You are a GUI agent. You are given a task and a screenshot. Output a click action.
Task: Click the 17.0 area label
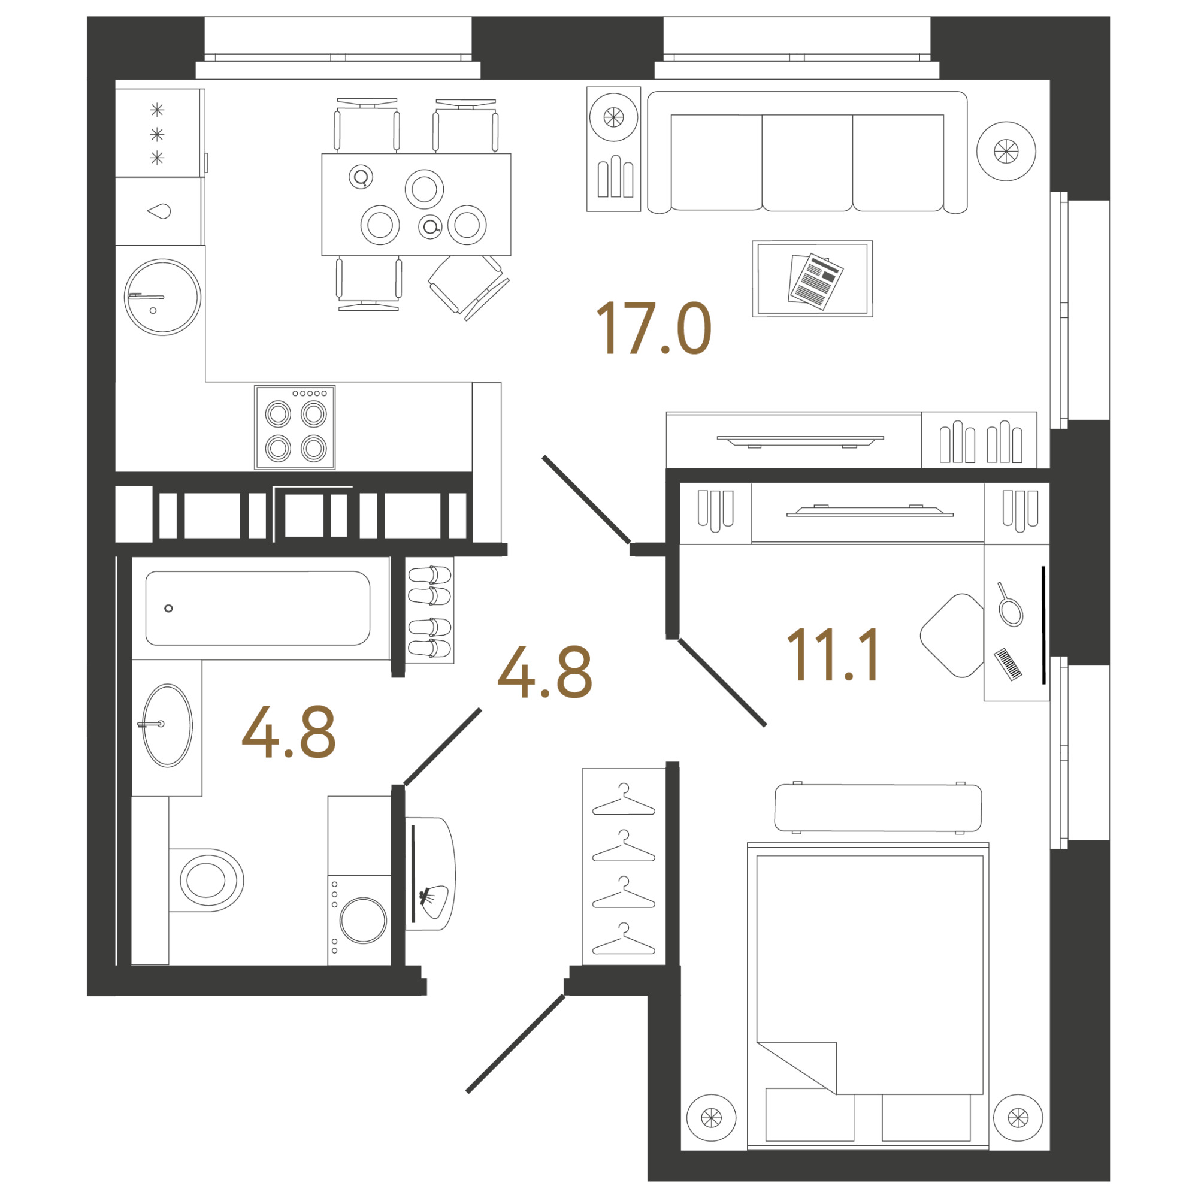pyautogui.click(x=653, y=329)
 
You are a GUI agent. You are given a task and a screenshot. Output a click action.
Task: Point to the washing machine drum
pyautogui.click(x=364, y=920)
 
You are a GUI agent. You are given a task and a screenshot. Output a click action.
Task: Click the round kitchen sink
pyautogui.click(x=162, y=297)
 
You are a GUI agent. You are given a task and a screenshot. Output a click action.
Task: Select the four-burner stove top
pyautogui.click(x=295, y=427)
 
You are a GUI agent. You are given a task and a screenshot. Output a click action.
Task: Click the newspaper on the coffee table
pyautogui.click(x=815, y=280)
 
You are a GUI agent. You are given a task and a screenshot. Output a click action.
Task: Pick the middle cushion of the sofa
pyautogui.click(x=807, y=162)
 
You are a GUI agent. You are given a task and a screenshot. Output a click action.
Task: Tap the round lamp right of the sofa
pyautogui.click(x=1006, y=151)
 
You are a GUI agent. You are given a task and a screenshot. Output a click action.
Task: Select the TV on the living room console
pyautogui.click(x=800, y=441)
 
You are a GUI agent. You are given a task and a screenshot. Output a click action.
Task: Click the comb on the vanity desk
pyautogui.click(x=1008, y=665)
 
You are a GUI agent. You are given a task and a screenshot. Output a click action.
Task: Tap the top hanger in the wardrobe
pyautogui.click(x=624, y=800)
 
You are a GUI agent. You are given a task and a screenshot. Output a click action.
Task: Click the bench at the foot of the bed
pyautogui.click(x=878, y=807)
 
